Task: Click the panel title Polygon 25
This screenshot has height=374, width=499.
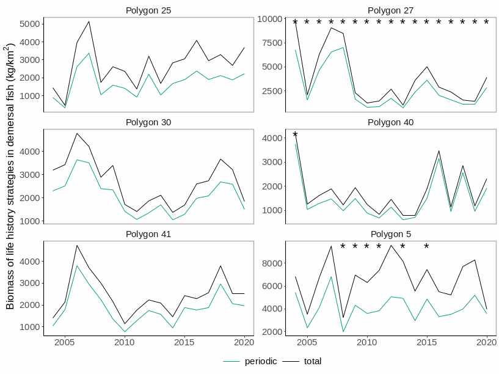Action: click(148, 10)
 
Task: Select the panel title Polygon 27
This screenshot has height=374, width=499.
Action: click(390, 10)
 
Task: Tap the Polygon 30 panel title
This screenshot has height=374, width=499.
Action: click(148, 122)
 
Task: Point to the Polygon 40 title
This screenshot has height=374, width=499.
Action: click(390, 122)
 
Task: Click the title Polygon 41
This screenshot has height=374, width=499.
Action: click(148, 234)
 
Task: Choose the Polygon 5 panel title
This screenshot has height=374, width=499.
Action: click(390, 234)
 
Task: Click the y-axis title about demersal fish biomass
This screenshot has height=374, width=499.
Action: click(11, 176)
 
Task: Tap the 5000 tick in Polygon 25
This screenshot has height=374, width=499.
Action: click(30, 24)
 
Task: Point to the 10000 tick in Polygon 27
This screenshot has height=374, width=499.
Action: click(269, 19)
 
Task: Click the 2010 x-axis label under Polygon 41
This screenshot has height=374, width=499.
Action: click(125, 342)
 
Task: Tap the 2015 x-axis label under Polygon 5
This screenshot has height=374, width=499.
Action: click(426, 342)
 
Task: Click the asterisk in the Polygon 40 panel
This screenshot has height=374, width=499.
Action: click(295, 136)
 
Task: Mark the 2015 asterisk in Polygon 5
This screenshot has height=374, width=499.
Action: click(426, 248)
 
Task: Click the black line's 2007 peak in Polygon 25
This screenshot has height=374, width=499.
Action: click(89, 21)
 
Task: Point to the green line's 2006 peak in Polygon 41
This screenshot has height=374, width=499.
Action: click(77, 266)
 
